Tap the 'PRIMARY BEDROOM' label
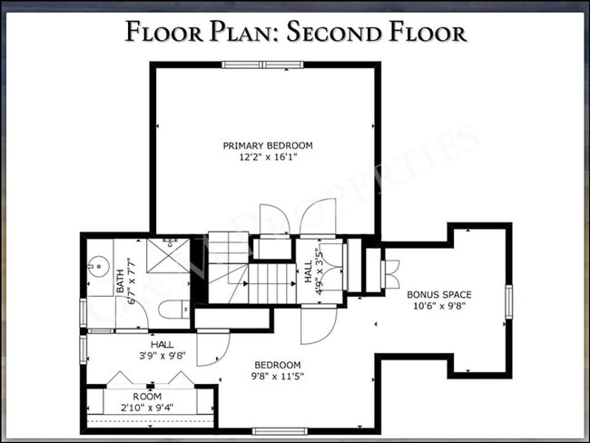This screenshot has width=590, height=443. tap(268, 145)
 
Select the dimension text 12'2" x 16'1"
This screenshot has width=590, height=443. tap(268, 157)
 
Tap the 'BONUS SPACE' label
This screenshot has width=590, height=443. tap(439, 294)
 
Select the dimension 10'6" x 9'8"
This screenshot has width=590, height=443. tap(439, 307)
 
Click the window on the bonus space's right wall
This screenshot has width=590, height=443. tap(508, 301)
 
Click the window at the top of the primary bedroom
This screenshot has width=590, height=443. tap(263, 64)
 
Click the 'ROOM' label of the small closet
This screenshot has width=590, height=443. tap(147, 397)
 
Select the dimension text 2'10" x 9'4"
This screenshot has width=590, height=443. tap(147, 409)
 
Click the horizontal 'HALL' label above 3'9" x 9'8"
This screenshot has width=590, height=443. tap(162, 344)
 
